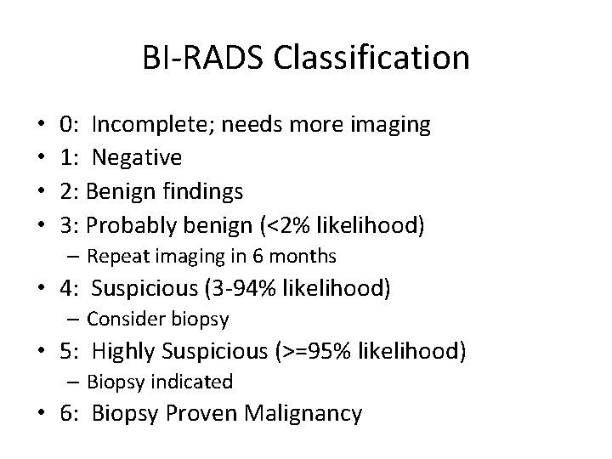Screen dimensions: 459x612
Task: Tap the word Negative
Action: click(x=137, y=157)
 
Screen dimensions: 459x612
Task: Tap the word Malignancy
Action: click(x=303, y=414)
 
